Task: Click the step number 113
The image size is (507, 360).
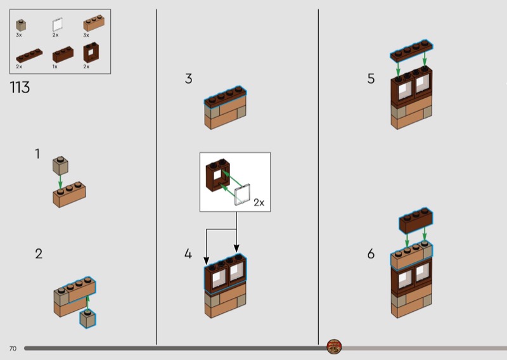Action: (x=20, y=87)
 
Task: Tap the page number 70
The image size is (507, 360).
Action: (x=13, y=349)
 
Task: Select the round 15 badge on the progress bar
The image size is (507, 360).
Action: (x=334, y=347)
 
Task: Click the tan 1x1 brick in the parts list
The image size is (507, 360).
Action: (x=21, y=25)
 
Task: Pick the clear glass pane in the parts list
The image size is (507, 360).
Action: (x=58, y=25)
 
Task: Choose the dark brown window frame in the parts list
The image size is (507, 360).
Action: (x=91, y=53)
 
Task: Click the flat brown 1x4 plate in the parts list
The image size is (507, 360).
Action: (x=29, y=56)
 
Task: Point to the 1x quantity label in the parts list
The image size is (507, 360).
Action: (x=55, y=67)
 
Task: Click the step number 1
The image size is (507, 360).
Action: (x=37, y=154)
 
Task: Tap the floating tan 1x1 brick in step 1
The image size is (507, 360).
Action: (x=60, y=165)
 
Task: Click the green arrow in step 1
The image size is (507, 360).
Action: (x=60, y=182)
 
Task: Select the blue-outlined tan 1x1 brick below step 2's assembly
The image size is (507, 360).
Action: (x=87, y=319)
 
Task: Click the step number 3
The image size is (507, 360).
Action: (x=188, y=79)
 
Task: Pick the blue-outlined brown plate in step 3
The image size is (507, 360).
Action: (x=225, y=96)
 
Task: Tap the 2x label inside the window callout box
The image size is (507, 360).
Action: (x=259, y=202)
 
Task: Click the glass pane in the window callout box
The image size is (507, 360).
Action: (x=242, y=195)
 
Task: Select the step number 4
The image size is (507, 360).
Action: (x=188, y=254)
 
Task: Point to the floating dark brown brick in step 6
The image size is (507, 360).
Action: (x=416, y=221)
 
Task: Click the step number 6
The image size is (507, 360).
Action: (x=371, y=254)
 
